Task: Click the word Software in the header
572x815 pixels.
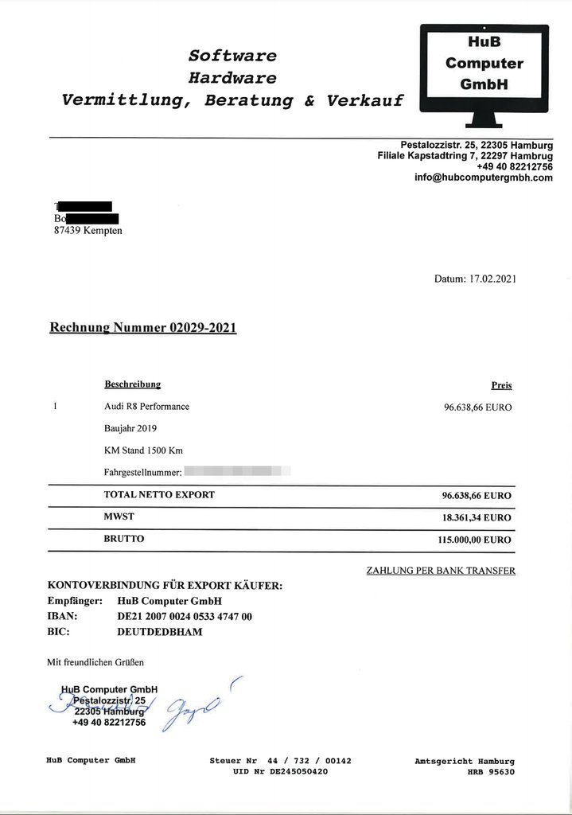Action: tap(232, 56)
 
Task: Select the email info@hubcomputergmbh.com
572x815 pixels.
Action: tap(483, 178)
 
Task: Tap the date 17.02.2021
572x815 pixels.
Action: tap(493, 279)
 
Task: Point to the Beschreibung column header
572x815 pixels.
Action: tap(132, 384)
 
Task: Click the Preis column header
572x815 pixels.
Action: tap(501, 385)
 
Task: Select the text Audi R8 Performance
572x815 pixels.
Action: tap(146, 407)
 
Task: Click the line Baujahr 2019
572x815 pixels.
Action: tap(130, 428)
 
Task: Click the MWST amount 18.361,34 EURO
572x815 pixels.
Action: tap(476, 517)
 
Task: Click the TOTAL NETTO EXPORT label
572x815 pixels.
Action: tap(159, 495)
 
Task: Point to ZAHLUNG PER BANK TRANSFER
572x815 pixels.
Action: tap(440, 571)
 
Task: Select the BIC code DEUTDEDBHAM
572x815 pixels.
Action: tap(159, 632)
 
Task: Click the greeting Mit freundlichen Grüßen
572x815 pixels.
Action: tap(95, 661)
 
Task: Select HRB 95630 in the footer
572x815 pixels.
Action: tap(491, 772)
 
